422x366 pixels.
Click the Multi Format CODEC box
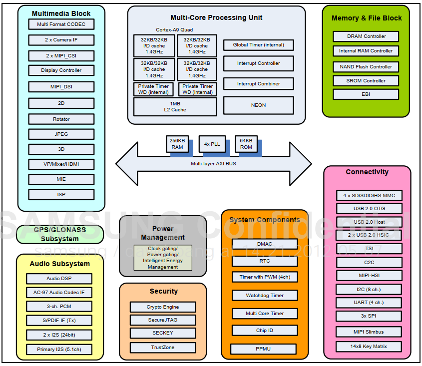tap(61, 24)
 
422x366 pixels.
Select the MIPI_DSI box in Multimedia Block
tap(61, 87)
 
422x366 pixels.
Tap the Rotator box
tap(61, 119)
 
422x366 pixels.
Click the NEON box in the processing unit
tap(258, 105)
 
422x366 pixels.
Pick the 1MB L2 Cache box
tap(175, 107)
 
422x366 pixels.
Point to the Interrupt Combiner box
tap(258, 84)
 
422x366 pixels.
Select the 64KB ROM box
tap(246, 144)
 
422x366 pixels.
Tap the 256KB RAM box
tap(177, 144)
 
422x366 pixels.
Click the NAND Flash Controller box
tap(366, 67)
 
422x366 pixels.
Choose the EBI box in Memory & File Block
tap(366, 94)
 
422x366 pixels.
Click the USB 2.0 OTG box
tap(369, 209)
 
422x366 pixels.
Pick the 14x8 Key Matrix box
tap(369, 347)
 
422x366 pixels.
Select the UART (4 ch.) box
tap(369, 303)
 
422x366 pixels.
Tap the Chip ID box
tap(265, 331)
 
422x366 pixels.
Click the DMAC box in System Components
tap(265, 244)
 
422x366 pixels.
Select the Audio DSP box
tap(59, 279)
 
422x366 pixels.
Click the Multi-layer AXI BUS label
tap(213, 163)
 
